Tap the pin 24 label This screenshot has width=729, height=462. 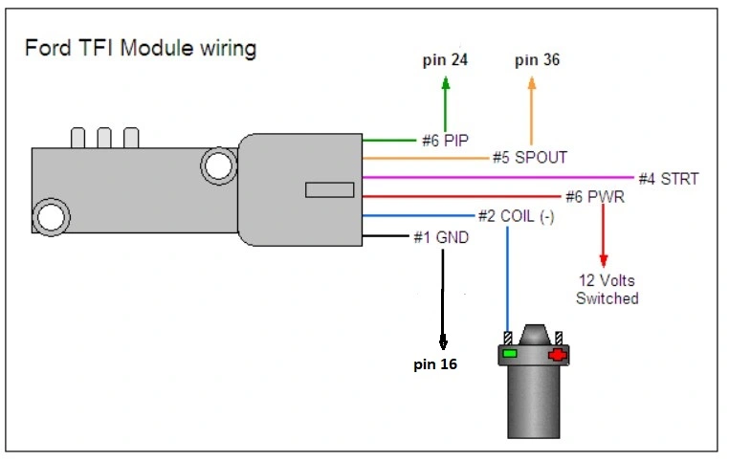click(x=445, y=60)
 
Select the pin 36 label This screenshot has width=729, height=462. click(x=537, y=60)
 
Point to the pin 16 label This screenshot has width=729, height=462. click(x=435, y=363)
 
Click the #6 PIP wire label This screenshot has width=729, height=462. click(x=445, y=141)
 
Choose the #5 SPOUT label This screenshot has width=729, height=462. click(x=530, y=158)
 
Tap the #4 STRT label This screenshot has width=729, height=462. click(x=669, y=179)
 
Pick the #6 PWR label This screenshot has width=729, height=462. click(x=595, y=197)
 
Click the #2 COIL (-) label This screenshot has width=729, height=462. click(x=516, y=216)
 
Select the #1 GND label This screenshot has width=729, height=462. click(x=441, y=237)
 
